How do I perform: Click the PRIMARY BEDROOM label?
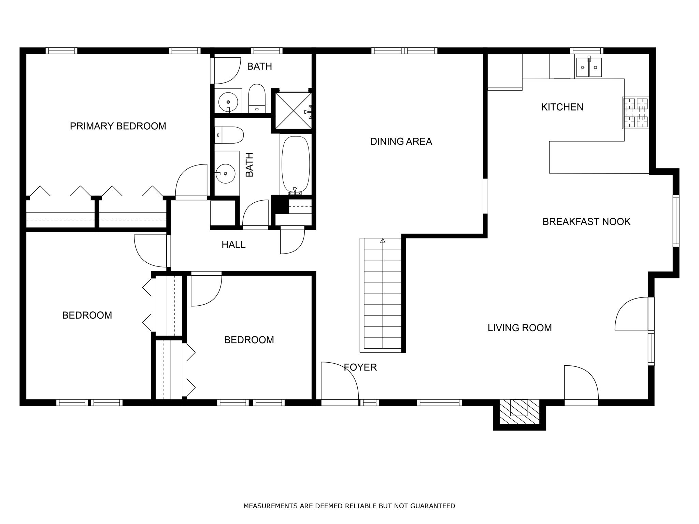[x=118, y=126]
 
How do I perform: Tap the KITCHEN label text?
[x=562, y=107]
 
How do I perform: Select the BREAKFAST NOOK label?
[x=586, y=222]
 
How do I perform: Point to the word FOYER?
[x=360, y=367]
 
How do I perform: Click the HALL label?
[x=233, y=245]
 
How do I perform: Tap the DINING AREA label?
[x=401, y=142]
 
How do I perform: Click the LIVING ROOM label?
[x=519, y=328]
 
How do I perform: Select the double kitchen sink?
[x=589, y=68]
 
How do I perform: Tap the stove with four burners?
[x=636, y=113]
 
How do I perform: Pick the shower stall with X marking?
[x=293, y=110]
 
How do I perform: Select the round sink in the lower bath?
[x=226, y=173]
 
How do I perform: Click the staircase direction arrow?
[x=383, y=241]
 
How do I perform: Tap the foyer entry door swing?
[x=340, y=381]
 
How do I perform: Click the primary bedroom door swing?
[x=191, y=181]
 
